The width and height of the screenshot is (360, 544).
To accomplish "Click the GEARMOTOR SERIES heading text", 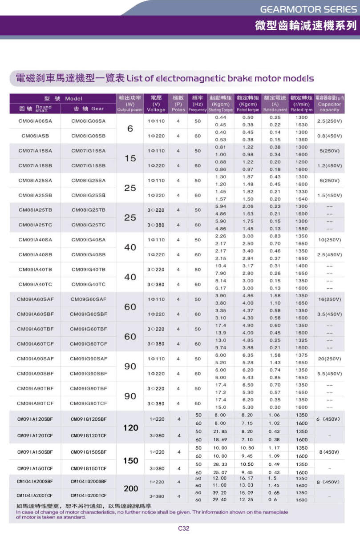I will click(x=308, y=9).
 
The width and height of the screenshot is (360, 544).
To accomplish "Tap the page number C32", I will click(x=184, y=528).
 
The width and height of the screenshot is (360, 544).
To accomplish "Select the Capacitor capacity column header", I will click(x=329, y=107).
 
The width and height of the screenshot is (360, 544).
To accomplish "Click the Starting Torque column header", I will click(x=220, y=107).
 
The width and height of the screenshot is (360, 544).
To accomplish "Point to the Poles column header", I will click(x=178, y=107).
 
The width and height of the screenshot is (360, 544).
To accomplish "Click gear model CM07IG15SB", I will click(x=89, y=165).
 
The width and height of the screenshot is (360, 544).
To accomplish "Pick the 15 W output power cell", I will click(x=130, y=158).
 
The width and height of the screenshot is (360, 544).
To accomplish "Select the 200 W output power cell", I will click(x=130, y=488).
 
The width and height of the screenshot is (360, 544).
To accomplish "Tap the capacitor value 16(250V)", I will click(x=329, y=299).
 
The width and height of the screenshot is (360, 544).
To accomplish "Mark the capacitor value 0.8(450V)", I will click(x=329, y=136).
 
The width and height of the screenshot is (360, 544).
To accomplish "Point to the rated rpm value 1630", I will click(x=301, y=125).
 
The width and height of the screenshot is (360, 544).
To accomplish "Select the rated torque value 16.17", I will click(x=247, y=478).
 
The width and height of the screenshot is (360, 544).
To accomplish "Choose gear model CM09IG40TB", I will click(x=89, y=270).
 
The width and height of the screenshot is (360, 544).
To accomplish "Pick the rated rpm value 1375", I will click(x=301, y=355).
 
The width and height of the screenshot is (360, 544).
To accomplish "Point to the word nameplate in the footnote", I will click(x=274, y=512).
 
